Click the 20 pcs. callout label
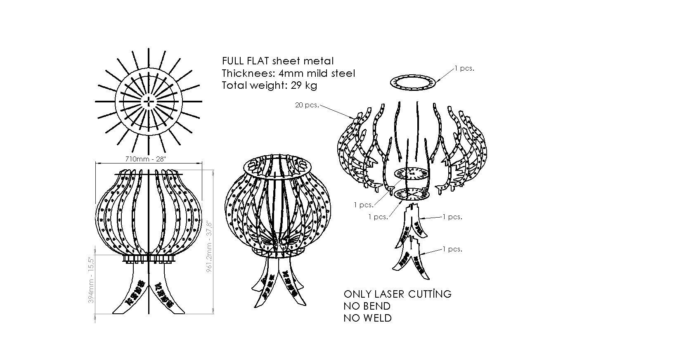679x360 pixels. (307, 105)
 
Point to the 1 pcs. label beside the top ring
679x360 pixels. (464, 69)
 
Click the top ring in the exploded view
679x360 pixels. (412, 82)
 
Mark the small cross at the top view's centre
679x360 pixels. (149, 102)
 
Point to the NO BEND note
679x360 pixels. (367, 306)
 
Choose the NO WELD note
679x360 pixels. (367, 318)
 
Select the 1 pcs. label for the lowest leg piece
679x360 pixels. (452, 249)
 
